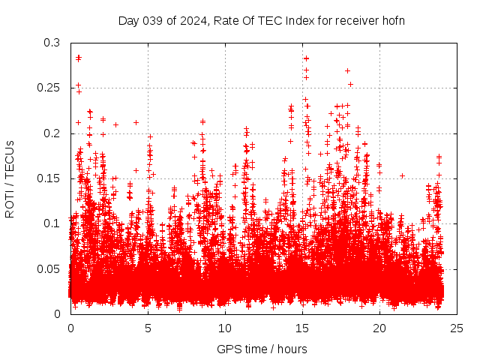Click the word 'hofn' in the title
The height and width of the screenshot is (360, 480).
point(393,20)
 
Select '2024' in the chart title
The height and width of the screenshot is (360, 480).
point(190,20)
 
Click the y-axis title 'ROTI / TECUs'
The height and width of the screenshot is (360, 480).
point(10,178)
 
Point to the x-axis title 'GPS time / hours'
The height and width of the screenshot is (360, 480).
point(262,349)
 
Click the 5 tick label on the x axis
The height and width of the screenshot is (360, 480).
point(148,328)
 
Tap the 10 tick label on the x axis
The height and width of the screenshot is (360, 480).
point(225,328)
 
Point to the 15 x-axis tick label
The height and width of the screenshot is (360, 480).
point(302,328)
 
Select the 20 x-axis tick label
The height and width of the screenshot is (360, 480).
point(379,328)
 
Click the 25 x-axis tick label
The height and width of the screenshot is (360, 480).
point(457,328)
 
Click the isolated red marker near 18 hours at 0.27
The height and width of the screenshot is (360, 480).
point(347,70)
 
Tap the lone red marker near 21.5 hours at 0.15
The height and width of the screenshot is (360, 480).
point(402,175)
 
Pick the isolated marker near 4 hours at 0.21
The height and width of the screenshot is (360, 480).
point(136,122)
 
